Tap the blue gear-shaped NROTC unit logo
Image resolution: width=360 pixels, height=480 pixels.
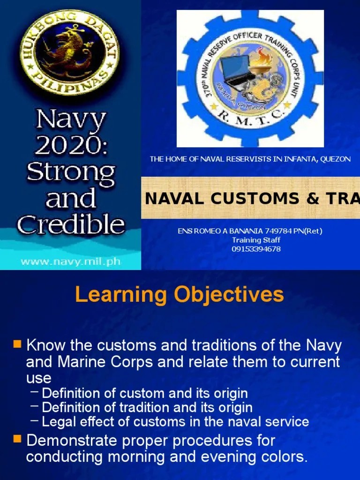(x=250, y=78)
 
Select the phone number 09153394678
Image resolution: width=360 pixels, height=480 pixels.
(x=256, y=249)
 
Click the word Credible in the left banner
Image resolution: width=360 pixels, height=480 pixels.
(x=71, y=225)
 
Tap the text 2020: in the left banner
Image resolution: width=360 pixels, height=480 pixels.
(x=71, y=147)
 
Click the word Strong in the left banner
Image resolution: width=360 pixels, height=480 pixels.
(x=71, y=172)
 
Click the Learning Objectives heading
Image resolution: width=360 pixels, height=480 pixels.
(x=180, y=295)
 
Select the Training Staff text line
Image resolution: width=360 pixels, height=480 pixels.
(x=256, y=240)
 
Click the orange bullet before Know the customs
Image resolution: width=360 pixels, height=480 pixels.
(x=17, y=345)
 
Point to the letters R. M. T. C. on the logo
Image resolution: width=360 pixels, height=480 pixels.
(x=250, y=126)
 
